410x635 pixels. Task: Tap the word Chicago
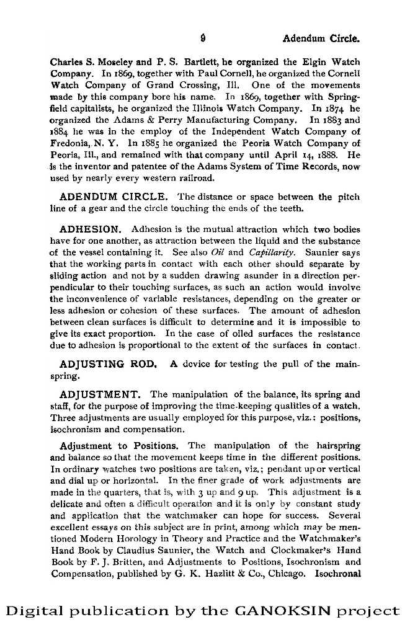click(287, 574)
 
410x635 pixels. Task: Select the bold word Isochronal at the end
click(337, 574)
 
